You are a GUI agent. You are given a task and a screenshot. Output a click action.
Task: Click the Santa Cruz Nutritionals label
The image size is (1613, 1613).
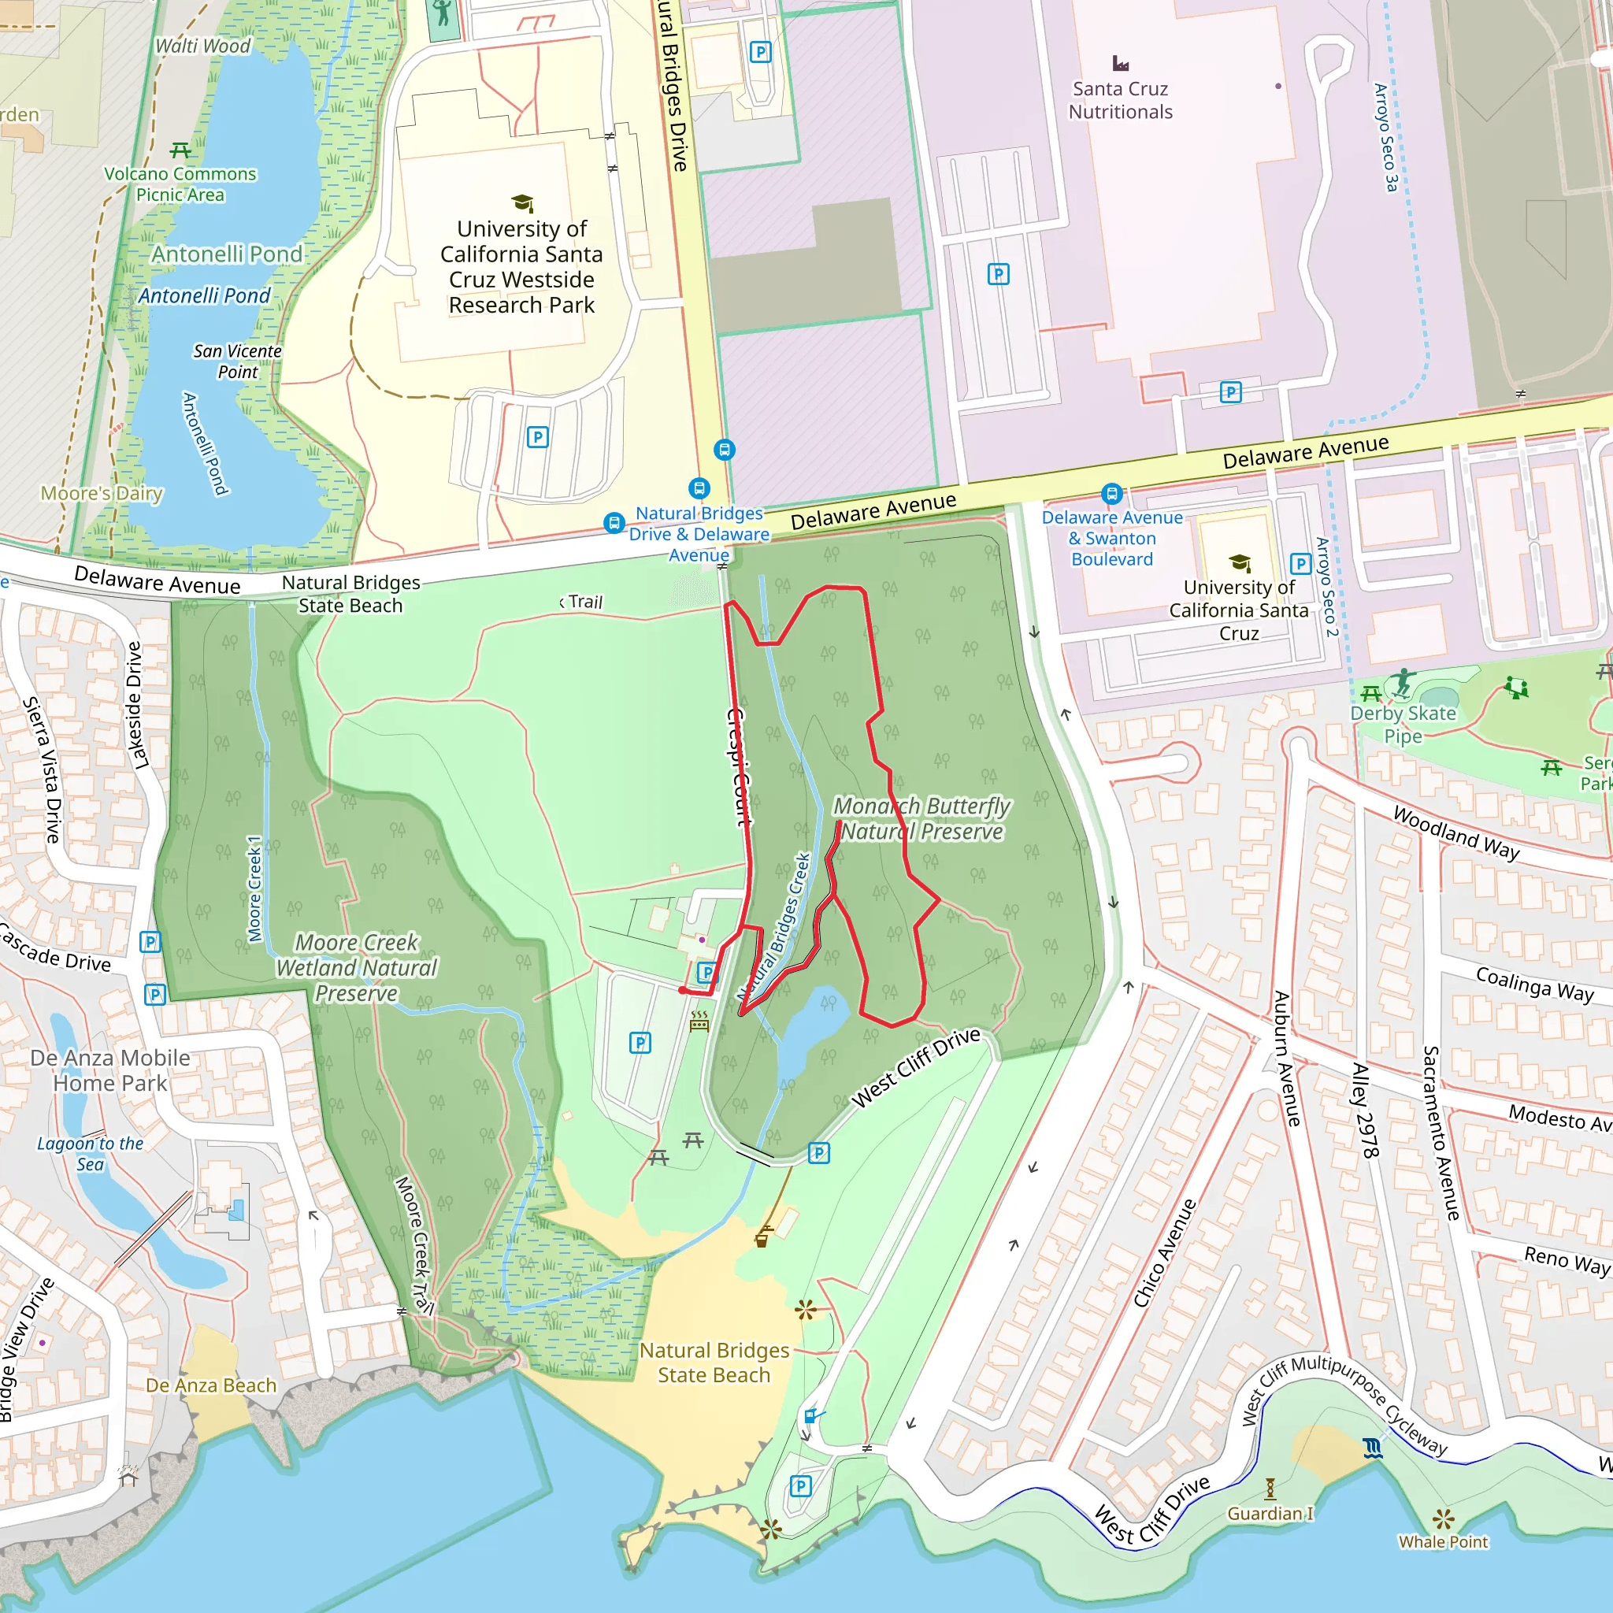pos(1120,100)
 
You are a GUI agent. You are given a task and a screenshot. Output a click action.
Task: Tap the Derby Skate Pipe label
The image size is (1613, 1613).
pos(1403,724)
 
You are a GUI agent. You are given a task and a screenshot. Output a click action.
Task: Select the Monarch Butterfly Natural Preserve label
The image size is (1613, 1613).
pos(921,819)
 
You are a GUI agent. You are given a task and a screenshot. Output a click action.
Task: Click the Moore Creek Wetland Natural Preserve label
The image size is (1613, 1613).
pos(357,968)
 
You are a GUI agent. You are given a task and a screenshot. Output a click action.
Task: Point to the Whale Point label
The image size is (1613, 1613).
pos(1443,1542)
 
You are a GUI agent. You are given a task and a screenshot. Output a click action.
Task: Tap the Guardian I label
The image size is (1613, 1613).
pos(1269,1514)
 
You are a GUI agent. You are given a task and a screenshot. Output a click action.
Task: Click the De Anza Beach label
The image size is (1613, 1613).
pos(210,1385)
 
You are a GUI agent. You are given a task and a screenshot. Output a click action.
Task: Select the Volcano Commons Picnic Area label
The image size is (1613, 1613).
pos(180,184)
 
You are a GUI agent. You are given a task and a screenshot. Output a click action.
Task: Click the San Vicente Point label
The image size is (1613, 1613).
pos(237,362)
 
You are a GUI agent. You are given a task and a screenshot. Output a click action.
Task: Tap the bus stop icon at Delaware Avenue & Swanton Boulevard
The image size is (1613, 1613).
pos(1111,493)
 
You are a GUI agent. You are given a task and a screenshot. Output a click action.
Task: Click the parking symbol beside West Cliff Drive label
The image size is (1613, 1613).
pos(819,1153)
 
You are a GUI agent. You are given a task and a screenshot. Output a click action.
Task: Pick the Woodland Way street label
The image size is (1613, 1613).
pos(1456,832)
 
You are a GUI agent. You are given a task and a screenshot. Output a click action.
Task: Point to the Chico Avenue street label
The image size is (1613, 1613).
pos(1165,1253)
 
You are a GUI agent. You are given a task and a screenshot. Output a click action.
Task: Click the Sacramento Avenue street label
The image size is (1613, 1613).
pos(1441,1132)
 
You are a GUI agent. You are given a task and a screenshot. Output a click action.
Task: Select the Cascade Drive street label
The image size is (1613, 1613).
pos(55,948)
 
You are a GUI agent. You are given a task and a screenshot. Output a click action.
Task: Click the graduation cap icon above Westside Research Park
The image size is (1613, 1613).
pos(522,203)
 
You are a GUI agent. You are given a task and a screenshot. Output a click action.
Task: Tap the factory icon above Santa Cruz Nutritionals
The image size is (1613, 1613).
pos(1121,64)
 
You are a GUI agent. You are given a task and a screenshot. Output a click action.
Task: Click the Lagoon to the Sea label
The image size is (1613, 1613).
pos(90,1154)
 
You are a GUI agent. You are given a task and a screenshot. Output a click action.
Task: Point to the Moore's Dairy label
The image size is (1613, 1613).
pos(102,493)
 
